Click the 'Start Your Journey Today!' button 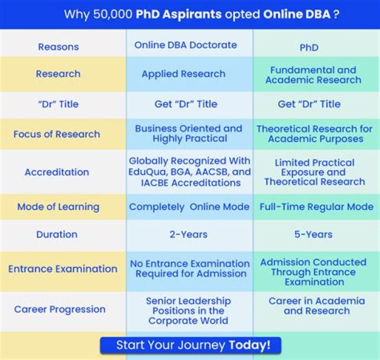point(191,345)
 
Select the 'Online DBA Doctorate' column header point(186,45)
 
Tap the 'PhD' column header point(309,48)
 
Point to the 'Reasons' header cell point(59,47)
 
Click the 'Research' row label point(58,74)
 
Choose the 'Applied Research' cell point(183,74)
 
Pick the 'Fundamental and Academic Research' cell point(313,75)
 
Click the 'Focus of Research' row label point(56,134)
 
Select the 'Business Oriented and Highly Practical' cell point(188,134)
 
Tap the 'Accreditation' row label point(57,172)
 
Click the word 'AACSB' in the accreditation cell point(211,172)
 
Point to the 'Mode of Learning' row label point(58,207)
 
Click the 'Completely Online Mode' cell point(189,207)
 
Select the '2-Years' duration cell point(188,234)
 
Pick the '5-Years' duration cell point(313,234)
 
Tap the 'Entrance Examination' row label point(63,269)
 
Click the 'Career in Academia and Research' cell point(317,306)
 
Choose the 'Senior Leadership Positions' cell point(188,310)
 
